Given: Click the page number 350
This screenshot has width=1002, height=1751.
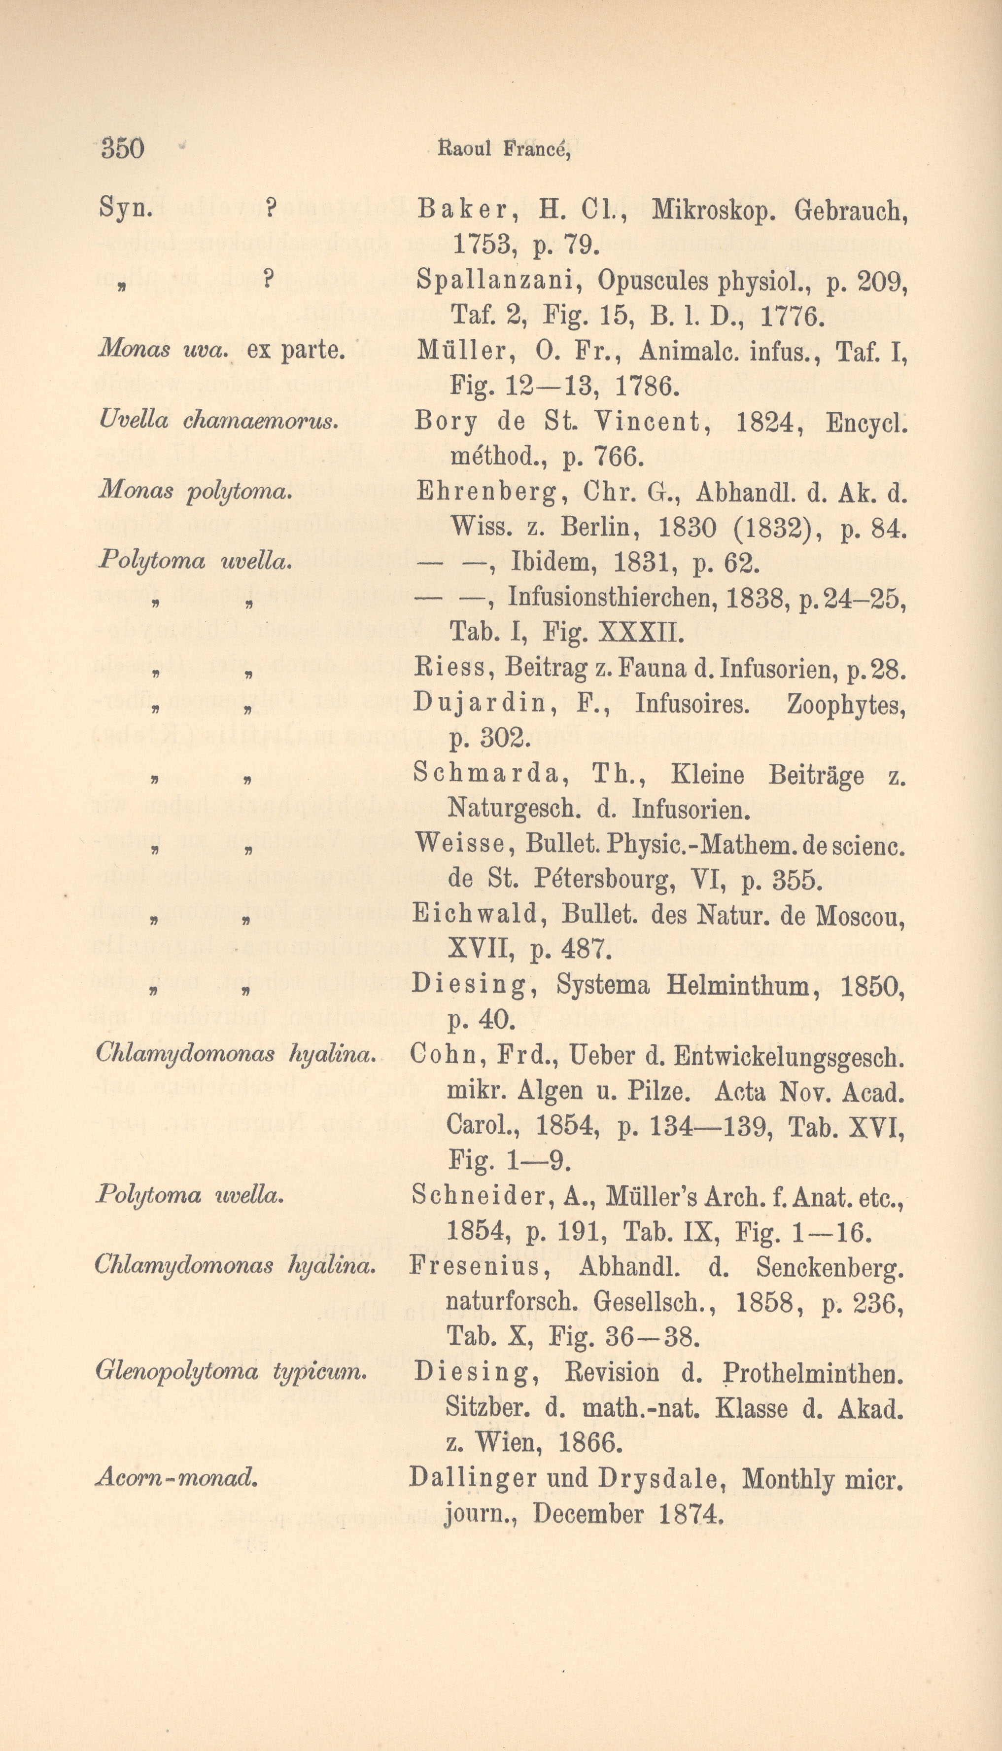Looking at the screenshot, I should (x=123, y=148).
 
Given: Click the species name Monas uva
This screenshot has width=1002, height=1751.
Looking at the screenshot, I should (x=163, y=350).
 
